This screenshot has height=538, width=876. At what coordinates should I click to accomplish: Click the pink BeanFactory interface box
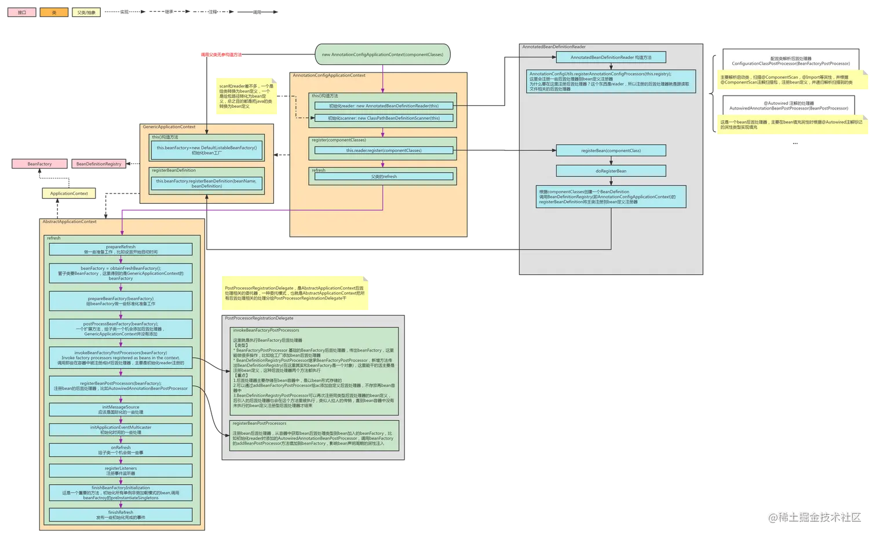click(39, 164)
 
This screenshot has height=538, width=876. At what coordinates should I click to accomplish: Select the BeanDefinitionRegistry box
click(98, 164)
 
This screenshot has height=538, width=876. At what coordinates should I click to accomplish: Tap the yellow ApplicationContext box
click(69, 193)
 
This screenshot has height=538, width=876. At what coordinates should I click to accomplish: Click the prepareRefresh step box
click(121, 250)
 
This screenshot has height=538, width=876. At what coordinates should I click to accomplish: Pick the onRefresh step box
click(121, 450)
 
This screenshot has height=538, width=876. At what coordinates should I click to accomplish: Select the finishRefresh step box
click(121, 515)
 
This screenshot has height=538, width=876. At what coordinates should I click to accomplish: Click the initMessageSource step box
click(121, 409)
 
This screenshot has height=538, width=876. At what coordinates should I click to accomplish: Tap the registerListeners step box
click(121, 470)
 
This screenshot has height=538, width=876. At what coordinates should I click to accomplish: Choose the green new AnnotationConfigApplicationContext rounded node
click(382, 54)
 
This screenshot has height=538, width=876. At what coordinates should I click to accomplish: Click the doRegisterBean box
click(611, 171)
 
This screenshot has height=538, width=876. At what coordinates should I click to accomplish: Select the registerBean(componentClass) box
click(611, 151)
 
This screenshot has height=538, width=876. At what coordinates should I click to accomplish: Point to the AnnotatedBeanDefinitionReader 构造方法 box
click(611, 57)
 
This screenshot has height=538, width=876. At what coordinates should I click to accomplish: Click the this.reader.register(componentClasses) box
click(384, 151)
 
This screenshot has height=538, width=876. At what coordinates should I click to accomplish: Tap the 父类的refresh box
click(384, 177)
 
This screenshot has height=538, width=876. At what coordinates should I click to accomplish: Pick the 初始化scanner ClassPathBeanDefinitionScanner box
click(384, 118)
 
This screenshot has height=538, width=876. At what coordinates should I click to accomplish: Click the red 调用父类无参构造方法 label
click(221, 55)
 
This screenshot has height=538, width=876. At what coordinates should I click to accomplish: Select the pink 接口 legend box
click(22, 12)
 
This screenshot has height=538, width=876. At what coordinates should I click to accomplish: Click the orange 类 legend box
click(54, 12)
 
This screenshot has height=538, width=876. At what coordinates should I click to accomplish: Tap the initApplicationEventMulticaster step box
click(121, 430)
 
